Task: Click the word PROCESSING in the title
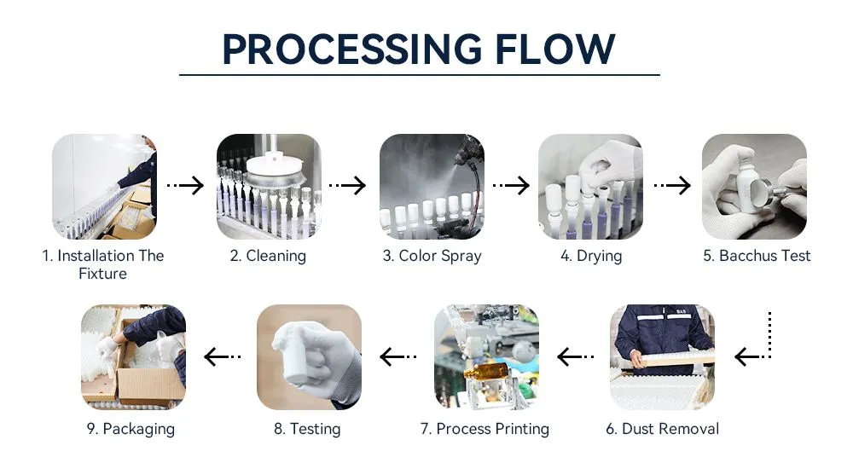coord(352,49)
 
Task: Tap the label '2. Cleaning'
coord(268,256)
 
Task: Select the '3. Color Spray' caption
coord(432,257)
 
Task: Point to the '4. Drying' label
coord(591,257)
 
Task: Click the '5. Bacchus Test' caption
coord(757,256)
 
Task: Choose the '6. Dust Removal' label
coord(662,429)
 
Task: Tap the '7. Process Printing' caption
coord(485,429)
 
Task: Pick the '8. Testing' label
coord(307,429)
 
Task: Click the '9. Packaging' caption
coord(131,429)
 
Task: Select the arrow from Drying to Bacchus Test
coord(672,186)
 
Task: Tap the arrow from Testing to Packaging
coord(223,357)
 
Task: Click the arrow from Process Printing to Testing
coord(398,357)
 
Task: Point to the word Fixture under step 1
coord(103,274)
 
